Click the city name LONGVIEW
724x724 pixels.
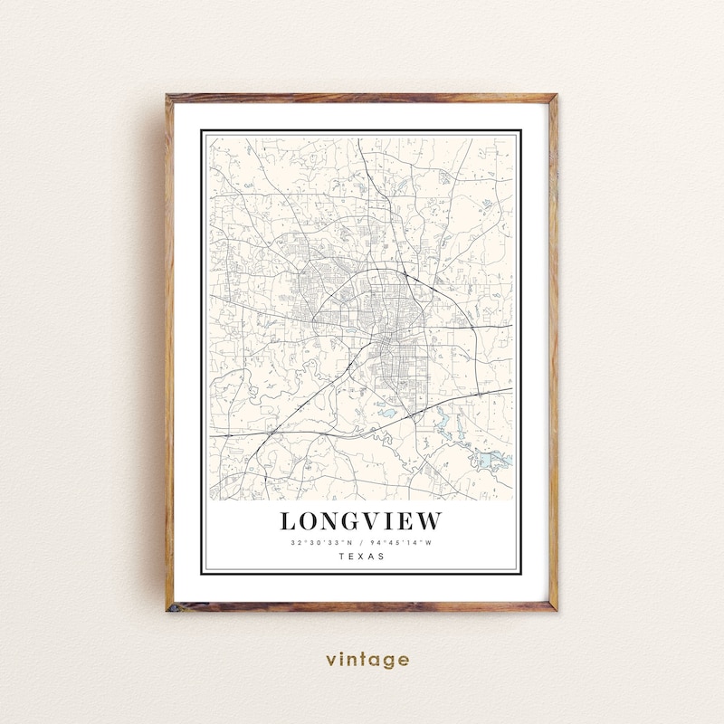coord(361,521)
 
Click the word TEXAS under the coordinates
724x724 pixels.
coord(361,557)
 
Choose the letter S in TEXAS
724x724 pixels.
coord(380,557)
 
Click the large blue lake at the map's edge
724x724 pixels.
coord(493,460)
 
